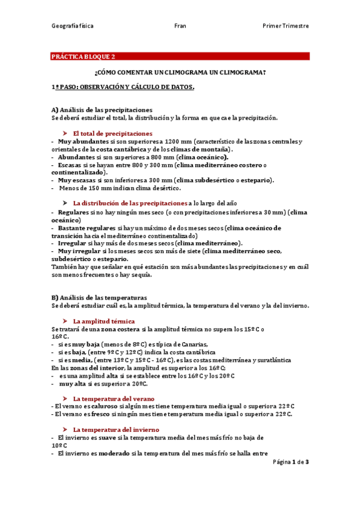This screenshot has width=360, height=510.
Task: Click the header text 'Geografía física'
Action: pos(72,26)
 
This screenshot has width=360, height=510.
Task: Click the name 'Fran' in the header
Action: pos(180,26)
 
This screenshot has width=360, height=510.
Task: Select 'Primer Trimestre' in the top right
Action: pos(285,26)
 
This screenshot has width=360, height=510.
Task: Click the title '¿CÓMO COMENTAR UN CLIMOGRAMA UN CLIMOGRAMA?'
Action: pos(180,72)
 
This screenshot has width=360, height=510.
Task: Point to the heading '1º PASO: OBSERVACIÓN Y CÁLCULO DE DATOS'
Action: pos(123,87)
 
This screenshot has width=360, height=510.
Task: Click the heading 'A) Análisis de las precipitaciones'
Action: pos(102,110)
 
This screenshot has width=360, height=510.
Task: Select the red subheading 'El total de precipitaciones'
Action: pos(112,133)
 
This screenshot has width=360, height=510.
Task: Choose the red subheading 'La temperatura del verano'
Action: pos(114,399)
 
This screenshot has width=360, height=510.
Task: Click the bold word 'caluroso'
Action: pos(99,407)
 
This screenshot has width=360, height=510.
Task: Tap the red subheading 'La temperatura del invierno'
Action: pos(115,430)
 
